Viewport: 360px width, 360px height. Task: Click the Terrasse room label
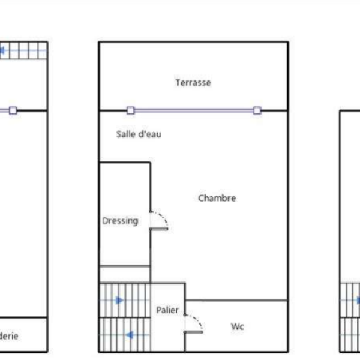tap(193, 83)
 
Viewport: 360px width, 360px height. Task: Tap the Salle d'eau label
tap(139, 134)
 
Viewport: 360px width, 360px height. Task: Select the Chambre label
tap(217, 198)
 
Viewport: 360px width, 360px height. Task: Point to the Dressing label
tap(120, 221)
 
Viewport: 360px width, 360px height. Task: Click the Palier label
tap(167, 310)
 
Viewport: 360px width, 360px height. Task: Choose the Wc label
tap(237, 327)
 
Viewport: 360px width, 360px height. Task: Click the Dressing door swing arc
tap(160, 220)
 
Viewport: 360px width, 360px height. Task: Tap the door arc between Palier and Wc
tap(194, 324)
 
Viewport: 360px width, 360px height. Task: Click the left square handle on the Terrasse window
tap(131, 110)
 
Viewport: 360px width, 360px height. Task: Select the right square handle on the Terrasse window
tap(257, 110)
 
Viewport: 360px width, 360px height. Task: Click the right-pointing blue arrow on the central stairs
tap(120, 300)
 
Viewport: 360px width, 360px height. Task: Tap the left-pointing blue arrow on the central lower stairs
tap(128, 335)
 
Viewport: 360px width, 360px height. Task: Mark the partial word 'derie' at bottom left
tap(10, 337)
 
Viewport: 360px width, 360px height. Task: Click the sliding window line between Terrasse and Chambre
tap(194, 110)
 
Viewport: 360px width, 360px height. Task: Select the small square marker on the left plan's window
tap(13, 110)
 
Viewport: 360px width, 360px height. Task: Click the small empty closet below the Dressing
tap(124, 274)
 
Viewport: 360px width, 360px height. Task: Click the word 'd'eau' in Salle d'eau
tap(151, 134)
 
